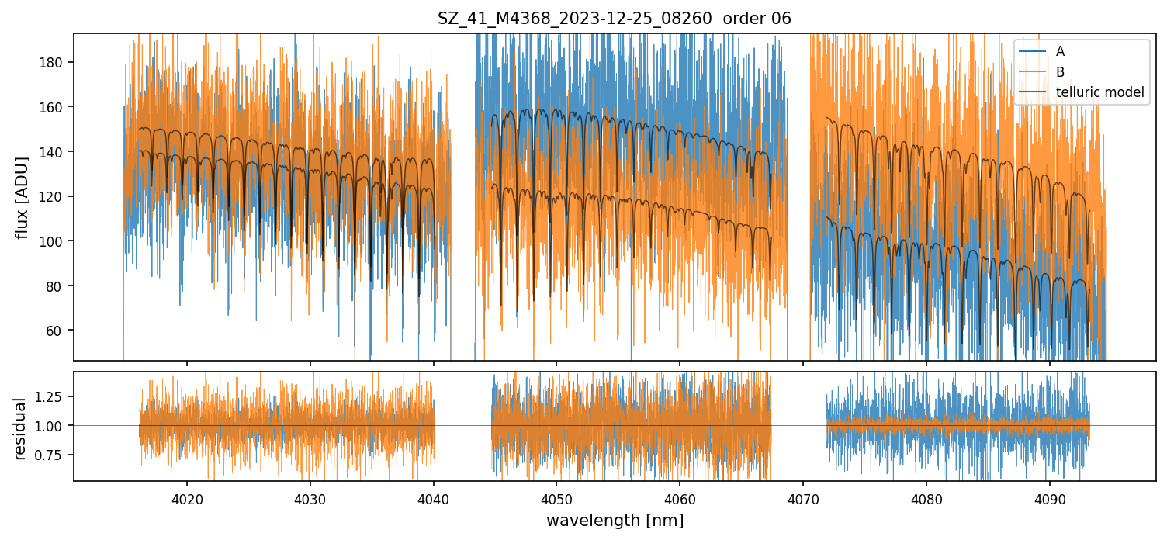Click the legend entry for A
tap(1060, 52)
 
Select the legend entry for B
tap(1060, 72)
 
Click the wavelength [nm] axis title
tap(615, 521)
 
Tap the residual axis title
tap(21, 428)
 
